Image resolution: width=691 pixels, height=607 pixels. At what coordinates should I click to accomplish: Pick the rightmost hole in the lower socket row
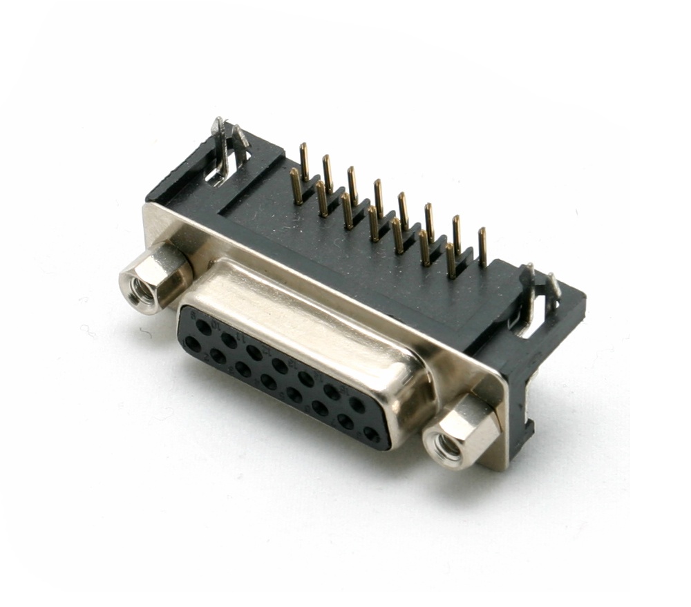coord(371,434)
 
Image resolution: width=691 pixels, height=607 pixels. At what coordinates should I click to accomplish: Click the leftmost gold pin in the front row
coord(296,186)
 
